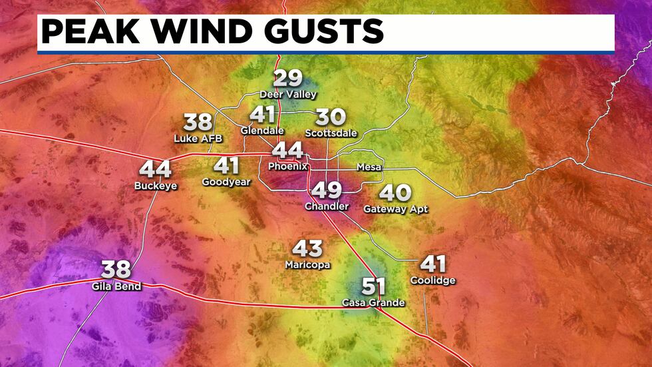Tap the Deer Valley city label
pyautogui.click(x=288, y=95)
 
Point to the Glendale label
pyautogui.click(x=262, y=131)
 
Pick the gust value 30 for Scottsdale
pyautogui.click(x=331, y=117)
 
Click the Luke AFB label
pyautogui.click(x=198, y=139)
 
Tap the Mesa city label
pyautogui.click(x=369, y=167)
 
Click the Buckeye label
pyautogui.click(x=156, y=186)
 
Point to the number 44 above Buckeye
pyautogui.click(x=155, y=170)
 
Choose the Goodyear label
pyautogui.click(x=226, y=181)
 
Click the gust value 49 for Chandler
pyautogui.click(x=326, y=191)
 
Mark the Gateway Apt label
pyautogui.click(x=395, y=208)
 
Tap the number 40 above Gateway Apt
pyautogui.click(x=395, y=193)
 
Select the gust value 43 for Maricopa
pyautogui.click(x=307, y=249)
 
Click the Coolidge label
pyautogui.click(x=433, y=280)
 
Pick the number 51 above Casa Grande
pyautogui.click(x=373, y=287)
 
